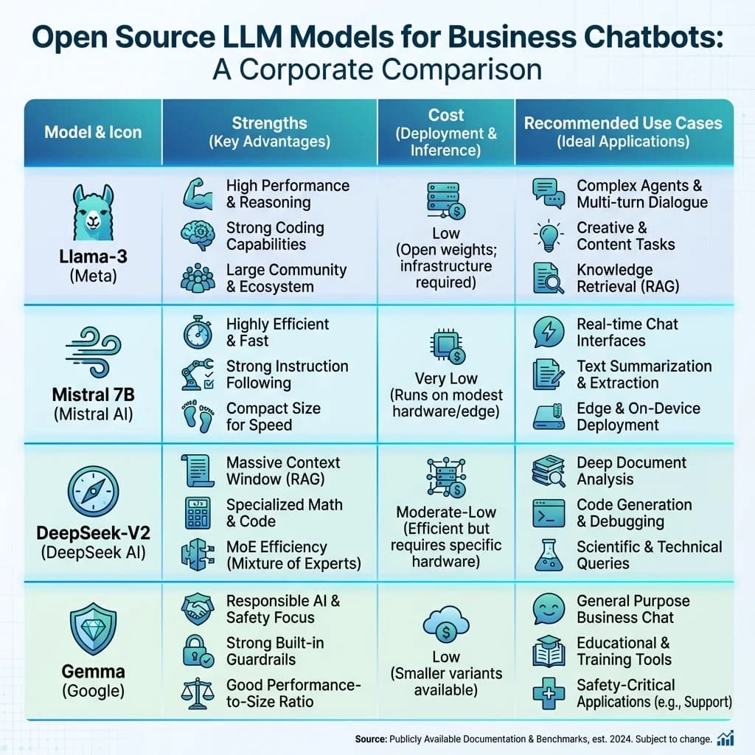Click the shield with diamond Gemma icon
(x=93, y=626)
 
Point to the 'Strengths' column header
(x=269, y=123)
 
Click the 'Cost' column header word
(x=446, y=115)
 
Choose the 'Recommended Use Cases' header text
(x=623, y=123)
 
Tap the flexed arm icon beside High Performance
(x=198, y=193)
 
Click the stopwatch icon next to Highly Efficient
(x=198, y=332)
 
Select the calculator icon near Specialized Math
(x=198, y=512)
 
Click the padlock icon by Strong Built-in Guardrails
(x=198, y=651)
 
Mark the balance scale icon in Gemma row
(x=198, y=693)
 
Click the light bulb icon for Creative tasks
(x=549, y=236)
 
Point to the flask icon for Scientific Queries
(x=549, y=555)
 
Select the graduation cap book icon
(x=549, y=651)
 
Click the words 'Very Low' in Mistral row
(x=446, y=379)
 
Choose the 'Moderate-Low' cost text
(x=446, y=512)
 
